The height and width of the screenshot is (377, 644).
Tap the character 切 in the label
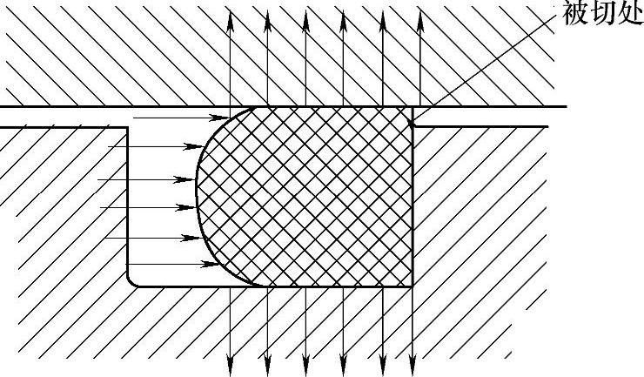[x=603, y=14]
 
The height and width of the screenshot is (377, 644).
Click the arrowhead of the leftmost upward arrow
[x=230, y=19]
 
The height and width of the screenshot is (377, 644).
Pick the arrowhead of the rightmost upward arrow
[x=420, y=19]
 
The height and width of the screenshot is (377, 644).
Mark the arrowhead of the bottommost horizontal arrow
[x=218, y=264]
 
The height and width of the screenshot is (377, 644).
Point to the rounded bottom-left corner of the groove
[x=132, y=281]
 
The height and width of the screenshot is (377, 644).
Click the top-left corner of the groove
[x=128, y=127]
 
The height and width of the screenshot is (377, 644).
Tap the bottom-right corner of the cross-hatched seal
[x=411, y=286]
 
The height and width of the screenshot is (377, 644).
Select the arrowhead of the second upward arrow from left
[x=267, y=19]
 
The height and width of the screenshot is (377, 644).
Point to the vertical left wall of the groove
[x=128, y=200]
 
